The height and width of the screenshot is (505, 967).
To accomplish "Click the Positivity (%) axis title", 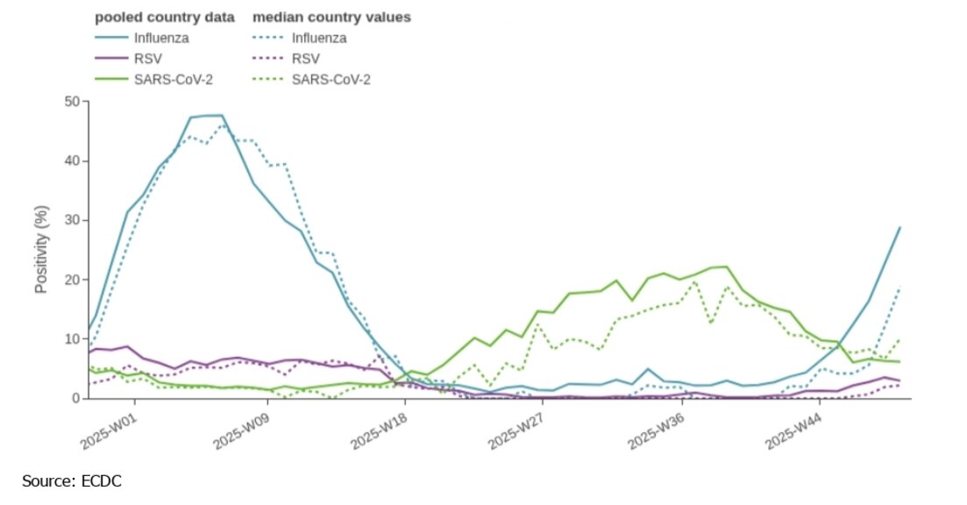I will click(41, 250).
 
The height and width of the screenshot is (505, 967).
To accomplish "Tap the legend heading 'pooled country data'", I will click(164, 17).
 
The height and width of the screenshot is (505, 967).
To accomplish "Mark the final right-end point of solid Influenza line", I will click(900, 228).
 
